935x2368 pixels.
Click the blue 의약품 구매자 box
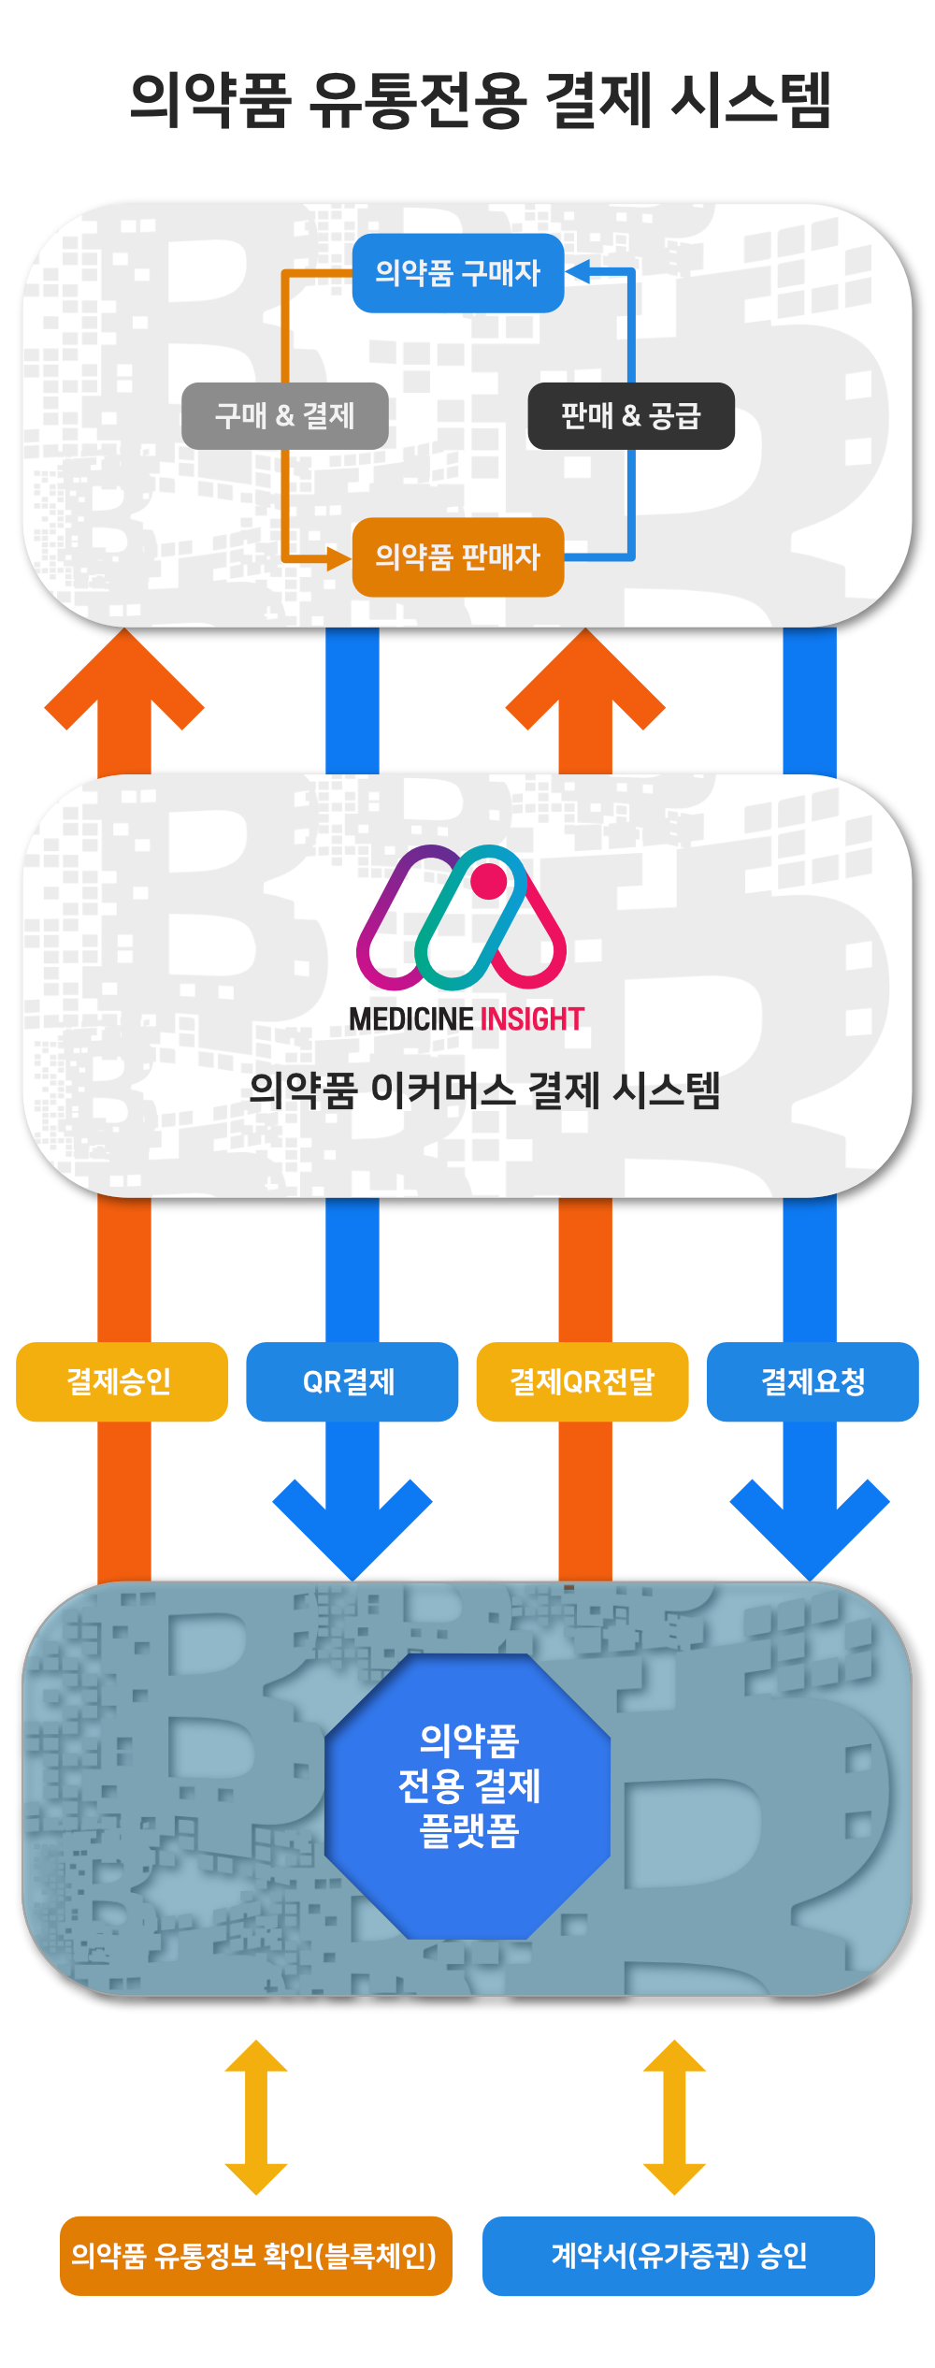[x=458, y=273]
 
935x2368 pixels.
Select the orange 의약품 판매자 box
[x=458, y=557]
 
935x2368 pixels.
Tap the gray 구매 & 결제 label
[x=285, y=416]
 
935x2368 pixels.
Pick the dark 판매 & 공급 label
[x=631, y=416]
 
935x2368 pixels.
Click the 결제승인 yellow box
[x=122, y=1382]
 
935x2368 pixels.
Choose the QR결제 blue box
[x=352, y=1382]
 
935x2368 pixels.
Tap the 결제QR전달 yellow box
[x=583, y=1382]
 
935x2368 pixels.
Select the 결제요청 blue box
[x=813, y=1382]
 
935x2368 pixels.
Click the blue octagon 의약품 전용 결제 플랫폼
[x=468, y=1786]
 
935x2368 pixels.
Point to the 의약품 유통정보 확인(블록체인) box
[x=255, y=2256]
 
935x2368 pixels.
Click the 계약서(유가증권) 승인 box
[x=679, y=2256]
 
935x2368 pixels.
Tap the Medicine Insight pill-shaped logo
[x=462, y=917]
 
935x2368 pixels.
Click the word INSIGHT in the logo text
[x=532, y=1019]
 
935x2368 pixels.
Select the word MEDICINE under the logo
[x=411, y=1019]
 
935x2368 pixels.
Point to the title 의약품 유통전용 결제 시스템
[x=480, y=99]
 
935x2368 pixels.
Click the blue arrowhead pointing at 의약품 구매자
[x=578, y=272]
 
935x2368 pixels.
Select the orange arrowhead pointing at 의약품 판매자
[x=338, y=559]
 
